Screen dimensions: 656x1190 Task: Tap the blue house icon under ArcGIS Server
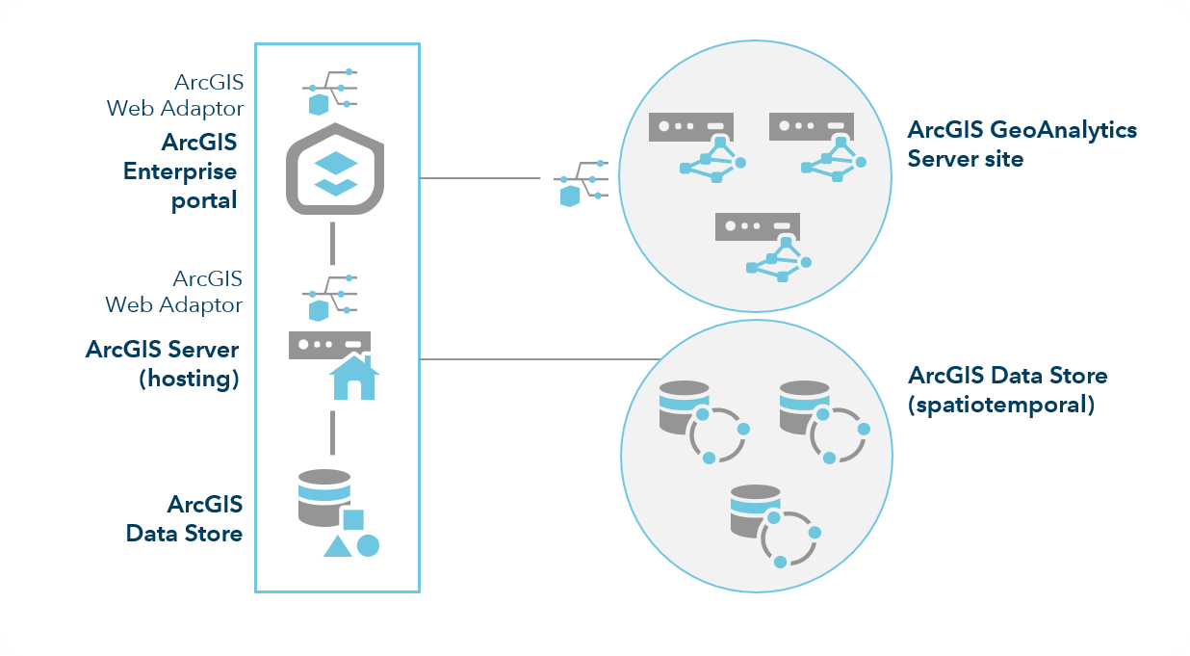click(353, 377)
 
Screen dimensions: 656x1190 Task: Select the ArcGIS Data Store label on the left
click(184, 518)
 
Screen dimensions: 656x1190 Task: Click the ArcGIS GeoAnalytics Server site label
click(1022, 144)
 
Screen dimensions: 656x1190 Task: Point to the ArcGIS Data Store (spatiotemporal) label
click(1007, 389)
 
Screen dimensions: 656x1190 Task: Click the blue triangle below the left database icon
click(336, 547)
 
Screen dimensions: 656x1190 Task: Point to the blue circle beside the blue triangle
click(368, 545)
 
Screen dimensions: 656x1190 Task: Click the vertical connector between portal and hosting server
click(332, 243)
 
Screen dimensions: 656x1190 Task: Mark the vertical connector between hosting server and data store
click(332, 432)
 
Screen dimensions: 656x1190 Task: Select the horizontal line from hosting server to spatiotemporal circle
click(539, 359)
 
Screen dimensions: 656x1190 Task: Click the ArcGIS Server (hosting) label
click(162, 362)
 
